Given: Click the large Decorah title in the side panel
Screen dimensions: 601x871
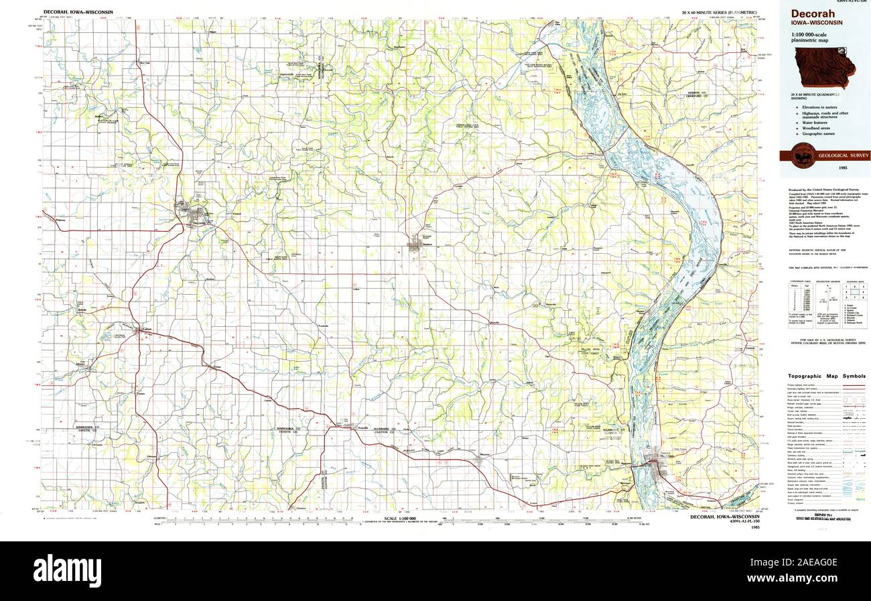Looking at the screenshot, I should tap(812, 14).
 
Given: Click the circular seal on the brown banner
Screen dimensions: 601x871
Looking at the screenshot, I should tap(801, 155).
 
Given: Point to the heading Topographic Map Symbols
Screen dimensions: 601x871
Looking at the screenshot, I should tap(826, 377).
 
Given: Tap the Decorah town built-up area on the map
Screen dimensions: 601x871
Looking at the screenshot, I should tap(197, 215).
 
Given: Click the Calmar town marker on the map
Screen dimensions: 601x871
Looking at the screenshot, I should tap(140, 330).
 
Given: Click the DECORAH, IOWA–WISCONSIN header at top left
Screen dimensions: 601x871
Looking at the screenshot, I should tap(78, 12).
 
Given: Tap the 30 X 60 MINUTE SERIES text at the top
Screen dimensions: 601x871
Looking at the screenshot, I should tap(717, 12).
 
